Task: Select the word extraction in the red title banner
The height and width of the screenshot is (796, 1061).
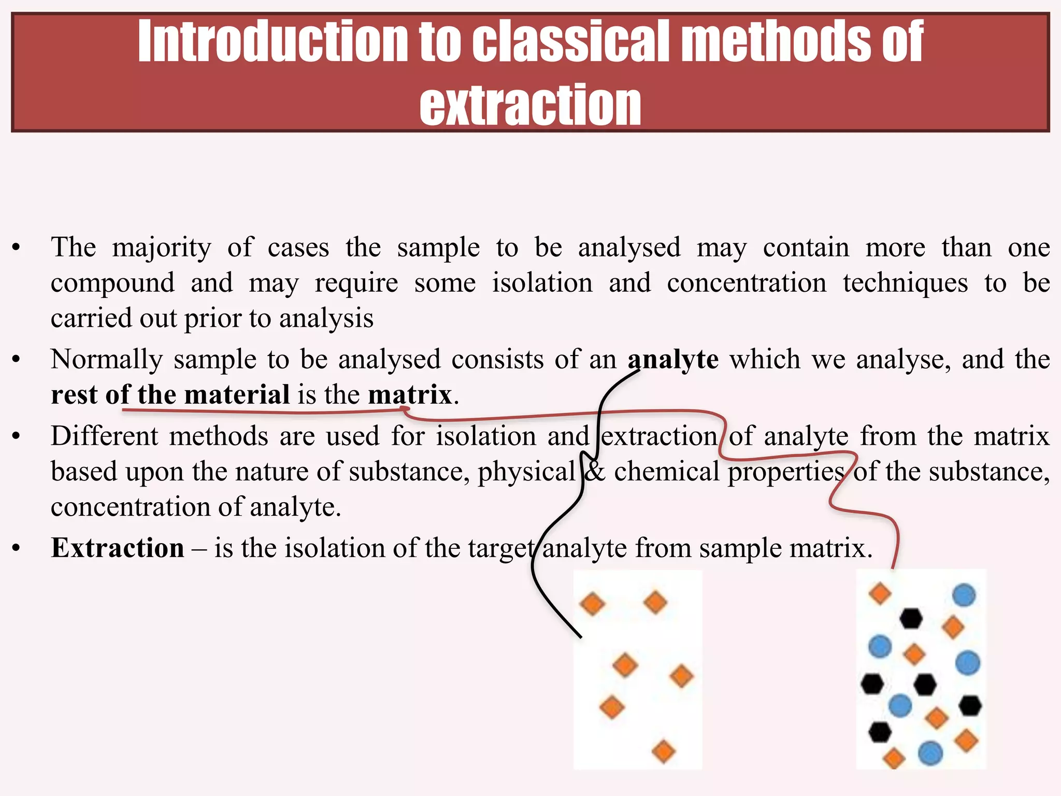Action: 530,105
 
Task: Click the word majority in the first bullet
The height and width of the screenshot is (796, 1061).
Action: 162,248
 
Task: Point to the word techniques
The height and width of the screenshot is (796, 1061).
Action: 905,283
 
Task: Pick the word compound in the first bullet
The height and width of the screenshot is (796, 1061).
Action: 113,283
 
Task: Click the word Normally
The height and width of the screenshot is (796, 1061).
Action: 107,360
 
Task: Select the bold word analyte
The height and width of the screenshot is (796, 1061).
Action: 673,360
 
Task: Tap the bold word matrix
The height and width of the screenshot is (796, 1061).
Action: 410,395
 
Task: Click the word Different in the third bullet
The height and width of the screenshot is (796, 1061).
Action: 104,436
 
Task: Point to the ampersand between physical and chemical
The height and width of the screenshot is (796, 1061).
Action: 594,472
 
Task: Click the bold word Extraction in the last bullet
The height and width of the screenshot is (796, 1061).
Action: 118,548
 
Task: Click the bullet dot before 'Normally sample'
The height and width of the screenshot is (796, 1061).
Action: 17,360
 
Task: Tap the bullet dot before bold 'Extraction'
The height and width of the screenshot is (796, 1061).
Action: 17,548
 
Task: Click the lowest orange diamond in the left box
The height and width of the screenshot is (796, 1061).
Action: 664,751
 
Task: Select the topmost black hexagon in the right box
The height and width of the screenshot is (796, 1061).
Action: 910,618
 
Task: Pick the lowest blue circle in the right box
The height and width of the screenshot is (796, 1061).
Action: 930,753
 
